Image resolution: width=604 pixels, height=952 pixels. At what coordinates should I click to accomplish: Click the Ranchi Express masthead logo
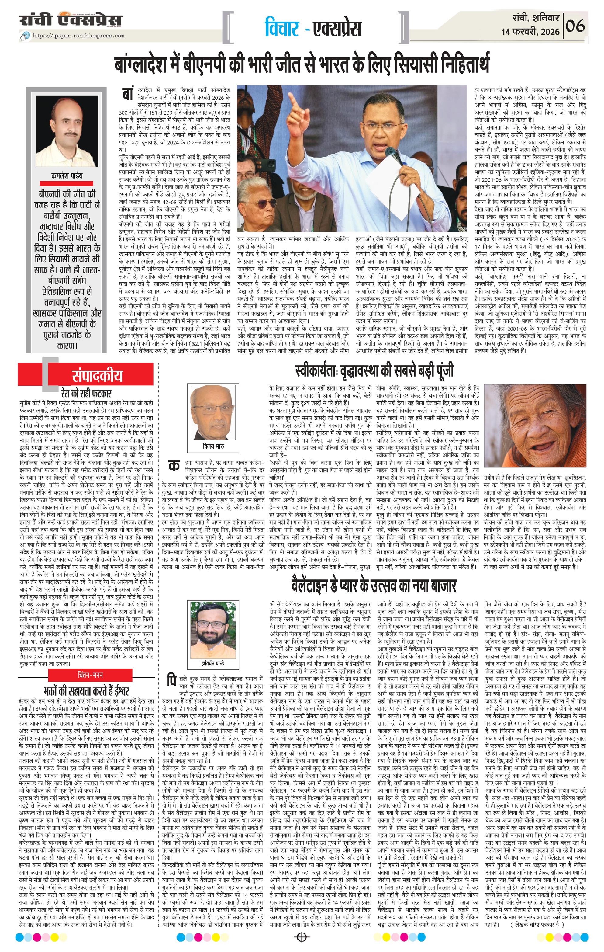point(71,20)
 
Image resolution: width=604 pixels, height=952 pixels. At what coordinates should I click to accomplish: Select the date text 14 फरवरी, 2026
point(530,32)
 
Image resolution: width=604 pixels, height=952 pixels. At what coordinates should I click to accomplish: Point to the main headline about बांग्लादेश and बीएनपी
point(302,63)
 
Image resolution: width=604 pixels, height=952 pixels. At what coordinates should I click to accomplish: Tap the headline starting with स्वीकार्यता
point(374,371)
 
